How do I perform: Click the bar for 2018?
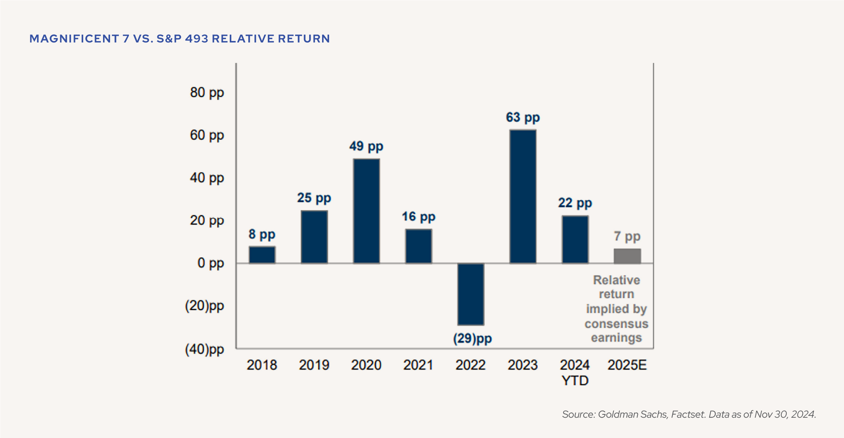click(x=262, y=255)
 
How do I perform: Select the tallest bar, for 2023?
click(x=523, y=196)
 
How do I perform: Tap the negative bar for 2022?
click(x=471, y=294)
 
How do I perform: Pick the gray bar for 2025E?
click(x=627, y=256)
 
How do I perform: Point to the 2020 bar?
click(x=366, y=211)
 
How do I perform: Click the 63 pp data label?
click(x=523, y=117)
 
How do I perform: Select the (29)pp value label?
click(x=472, y=338)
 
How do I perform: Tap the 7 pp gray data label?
click(x=627, y=236)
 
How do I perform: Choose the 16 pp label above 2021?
click(x=418, y=216)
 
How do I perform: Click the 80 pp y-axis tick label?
click(x=207, y=92)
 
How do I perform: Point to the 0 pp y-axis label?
click(x=211, y=263)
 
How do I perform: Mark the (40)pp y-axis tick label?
click(x=204, y=349)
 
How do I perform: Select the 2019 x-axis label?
click(x=314, y=365)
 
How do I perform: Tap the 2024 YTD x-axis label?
click(x=575, y=372)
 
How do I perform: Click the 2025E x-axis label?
click(x=627, y=365)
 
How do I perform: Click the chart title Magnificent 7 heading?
click(x=180, y=39)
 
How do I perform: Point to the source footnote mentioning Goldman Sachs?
click(x=689, y=414)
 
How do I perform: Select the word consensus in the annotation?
click(x=616, y=324)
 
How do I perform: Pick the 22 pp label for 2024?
click(x=575, y=203)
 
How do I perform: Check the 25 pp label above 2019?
click(x=314, y=198)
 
